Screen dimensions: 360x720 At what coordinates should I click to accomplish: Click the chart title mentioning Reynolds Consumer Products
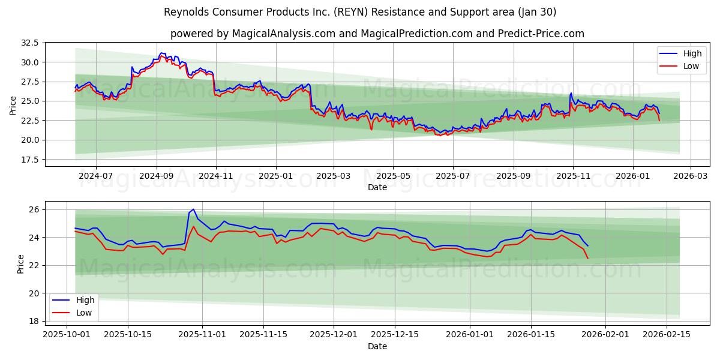click(360, 12)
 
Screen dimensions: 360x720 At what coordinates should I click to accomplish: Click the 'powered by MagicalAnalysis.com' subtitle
click(377, 34)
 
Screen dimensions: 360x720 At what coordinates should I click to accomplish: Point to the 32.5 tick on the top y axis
click(30, 43)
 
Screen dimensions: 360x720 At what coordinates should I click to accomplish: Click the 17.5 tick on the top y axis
click(30, 160)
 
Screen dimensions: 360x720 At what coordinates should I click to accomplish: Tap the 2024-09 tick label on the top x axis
click(157, 176)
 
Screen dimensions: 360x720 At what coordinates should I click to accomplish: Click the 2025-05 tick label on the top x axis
click(394, 176)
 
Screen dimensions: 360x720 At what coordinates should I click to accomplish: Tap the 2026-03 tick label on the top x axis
click(690, 176)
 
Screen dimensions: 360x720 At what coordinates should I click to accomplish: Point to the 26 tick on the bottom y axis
click(34, 209)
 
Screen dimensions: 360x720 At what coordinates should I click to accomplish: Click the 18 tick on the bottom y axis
click(34, 321)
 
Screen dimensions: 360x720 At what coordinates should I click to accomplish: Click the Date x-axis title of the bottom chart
click(377, 346)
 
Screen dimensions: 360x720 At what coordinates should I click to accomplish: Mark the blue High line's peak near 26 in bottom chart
click(193, 209)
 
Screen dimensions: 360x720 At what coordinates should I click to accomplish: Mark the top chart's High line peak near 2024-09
click(161, 53)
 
